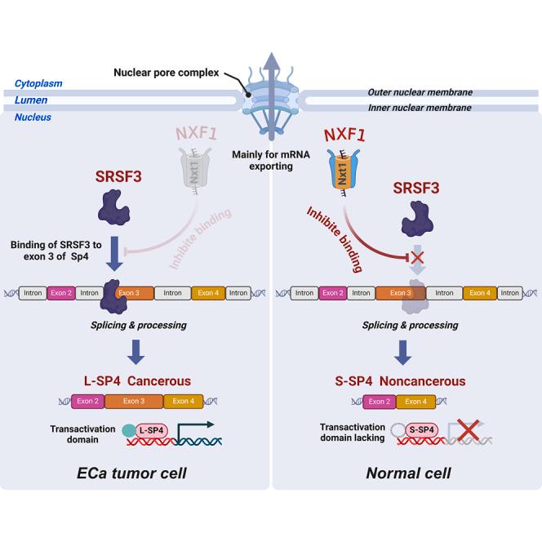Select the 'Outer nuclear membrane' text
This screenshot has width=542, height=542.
[x=432, y=92]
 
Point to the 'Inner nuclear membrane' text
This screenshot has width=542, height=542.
[x=432, y=108]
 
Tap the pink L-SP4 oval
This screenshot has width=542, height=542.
[x=150, y=430]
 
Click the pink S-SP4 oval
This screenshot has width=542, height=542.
[x=420, y=430]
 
